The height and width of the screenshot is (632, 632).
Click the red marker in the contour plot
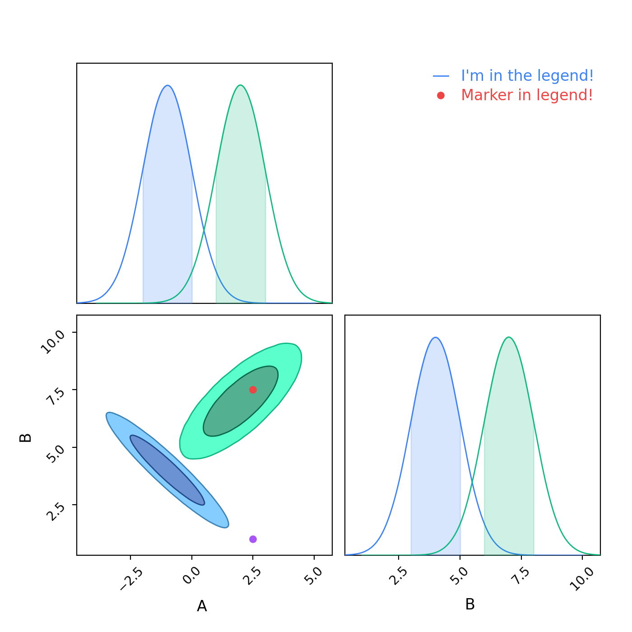(253, 390)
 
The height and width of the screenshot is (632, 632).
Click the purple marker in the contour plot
(253, 539)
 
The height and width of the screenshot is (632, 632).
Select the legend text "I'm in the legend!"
(527, 76)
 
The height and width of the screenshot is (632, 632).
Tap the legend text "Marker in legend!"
(527, 95)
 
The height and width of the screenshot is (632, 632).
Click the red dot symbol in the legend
(441, 95)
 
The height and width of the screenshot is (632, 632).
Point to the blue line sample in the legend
(441, 76)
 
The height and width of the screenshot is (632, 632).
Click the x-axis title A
(202, 606)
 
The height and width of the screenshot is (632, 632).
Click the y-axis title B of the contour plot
(26, 437)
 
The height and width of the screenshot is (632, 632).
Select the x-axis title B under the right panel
(470, 604)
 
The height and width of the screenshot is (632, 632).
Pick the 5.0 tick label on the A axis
(315, 576)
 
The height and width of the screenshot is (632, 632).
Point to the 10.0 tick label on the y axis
(53, 341)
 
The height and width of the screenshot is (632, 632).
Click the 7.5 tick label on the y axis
(55, 395)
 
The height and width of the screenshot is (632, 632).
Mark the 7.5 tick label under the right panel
(522, 576)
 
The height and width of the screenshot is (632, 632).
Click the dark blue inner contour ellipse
(167, 470)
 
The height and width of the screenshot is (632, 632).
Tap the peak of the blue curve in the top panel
(167, 85)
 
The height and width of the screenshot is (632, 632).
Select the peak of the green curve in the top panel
(241, 85)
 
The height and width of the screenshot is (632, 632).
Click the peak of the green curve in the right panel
(509, 337)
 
